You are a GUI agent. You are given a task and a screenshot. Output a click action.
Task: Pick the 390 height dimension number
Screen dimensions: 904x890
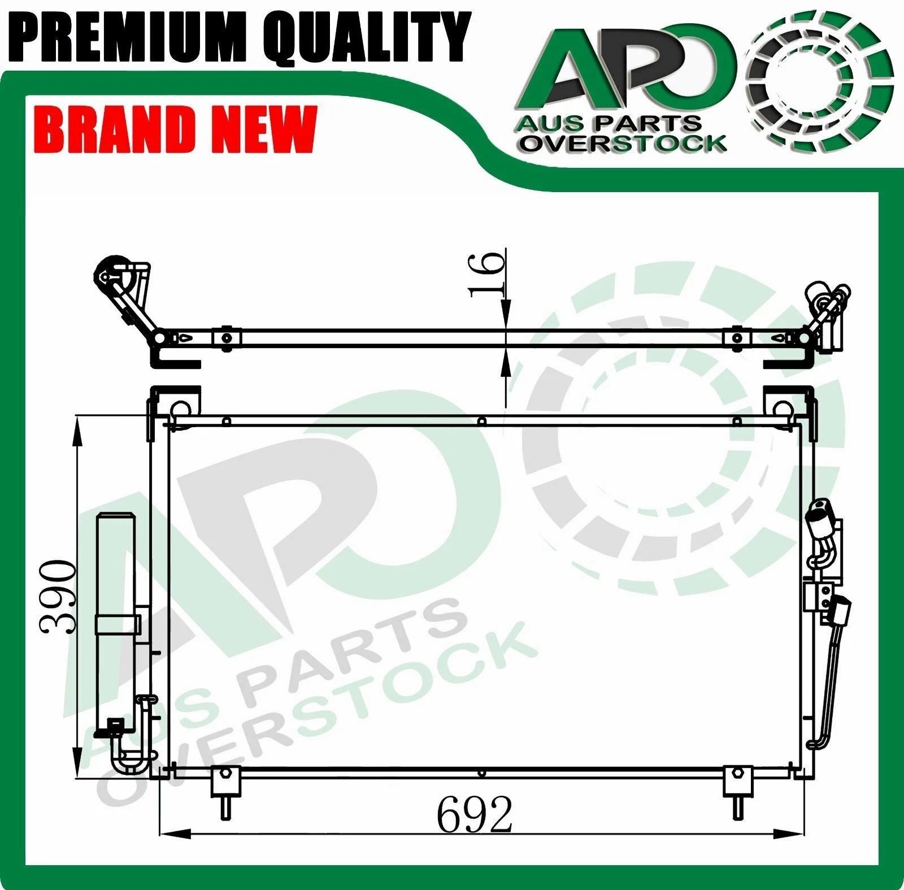point(58,597)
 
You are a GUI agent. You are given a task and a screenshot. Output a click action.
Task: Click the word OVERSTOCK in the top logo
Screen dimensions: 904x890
point(623,143)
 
